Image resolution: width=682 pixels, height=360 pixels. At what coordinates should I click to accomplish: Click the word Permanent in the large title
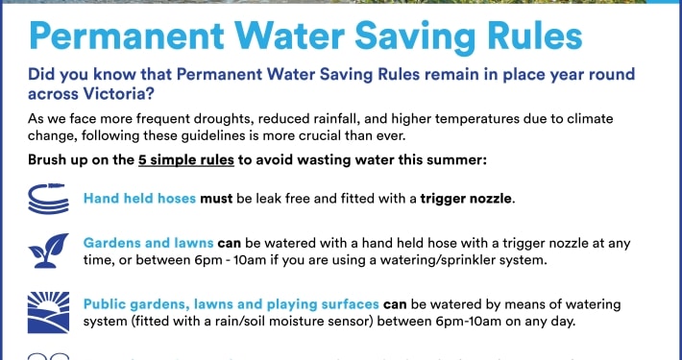(x=127, y=36)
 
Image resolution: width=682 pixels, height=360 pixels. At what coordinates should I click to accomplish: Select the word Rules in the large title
(x=534, y=36)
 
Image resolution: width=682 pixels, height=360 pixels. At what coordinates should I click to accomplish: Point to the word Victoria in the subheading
(x=111, y=93)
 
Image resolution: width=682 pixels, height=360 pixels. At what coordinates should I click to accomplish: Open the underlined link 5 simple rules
(x=186, y=160)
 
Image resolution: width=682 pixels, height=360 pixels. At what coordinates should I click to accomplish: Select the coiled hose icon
(x=49, y=199)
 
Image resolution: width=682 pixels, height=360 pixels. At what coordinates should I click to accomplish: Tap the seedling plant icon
(x=48, y=251)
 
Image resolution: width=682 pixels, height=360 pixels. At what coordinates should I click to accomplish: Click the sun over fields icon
(x=48, y=312)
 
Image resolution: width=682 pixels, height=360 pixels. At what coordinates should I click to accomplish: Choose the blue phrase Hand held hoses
(x=139, y=199)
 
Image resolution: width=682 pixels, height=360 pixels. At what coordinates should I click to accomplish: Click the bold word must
(x=216, y=199)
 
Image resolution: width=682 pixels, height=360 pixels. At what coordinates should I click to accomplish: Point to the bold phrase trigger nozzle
(x=466, y=199)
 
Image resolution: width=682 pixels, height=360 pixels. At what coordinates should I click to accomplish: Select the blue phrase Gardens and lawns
(x=148, y=243)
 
